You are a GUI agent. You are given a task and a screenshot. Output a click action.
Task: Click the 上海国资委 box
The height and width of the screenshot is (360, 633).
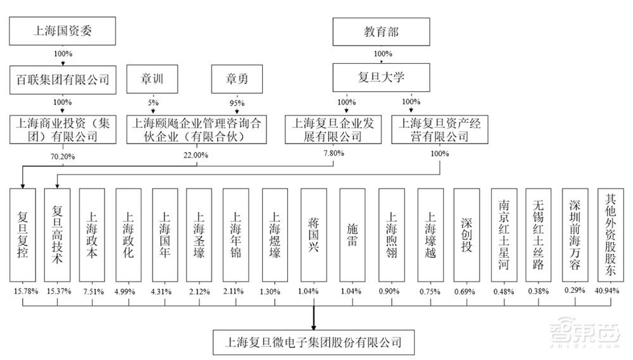point(62,31)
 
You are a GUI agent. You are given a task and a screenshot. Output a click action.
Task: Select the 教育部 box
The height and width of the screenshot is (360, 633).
point(381,31)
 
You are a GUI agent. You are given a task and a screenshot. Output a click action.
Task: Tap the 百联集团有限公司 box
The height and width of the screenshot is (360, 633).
point(62,80)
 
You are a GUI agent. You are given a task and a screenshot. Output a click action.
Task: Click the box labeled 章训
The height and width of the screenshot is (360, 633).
point(153,80)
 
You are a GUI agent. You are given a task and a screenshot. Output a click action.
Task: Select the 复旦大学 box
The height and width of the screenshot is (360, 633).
point(381,80)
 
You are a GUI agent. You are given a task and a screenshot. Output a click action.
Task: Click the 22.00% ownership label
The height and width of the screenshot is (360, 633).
point(195,154)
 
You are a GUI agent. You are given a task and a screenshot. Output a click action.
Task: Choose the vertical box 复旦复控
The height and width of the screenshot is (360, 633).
point(23,234)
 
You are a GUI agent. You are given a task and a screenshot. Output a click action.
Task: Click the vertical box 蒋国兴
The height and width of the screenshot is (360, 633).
point(313,234)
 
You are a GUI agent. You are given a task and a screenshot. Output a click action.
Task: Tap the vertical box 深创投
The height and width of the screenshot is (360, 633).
point(466,234)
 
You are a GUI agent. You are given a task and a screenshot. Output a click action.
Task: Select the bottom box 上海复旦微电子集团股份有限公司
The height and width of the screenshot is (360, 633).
point(314,342)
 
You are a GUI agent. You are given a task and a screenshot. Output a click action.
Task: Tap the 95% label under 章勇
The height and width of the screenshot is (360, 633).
point(235,102)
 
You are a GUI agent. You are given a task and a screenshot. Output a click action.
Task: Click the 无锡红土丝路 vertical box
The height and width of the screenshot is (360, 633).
point(538,234)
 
